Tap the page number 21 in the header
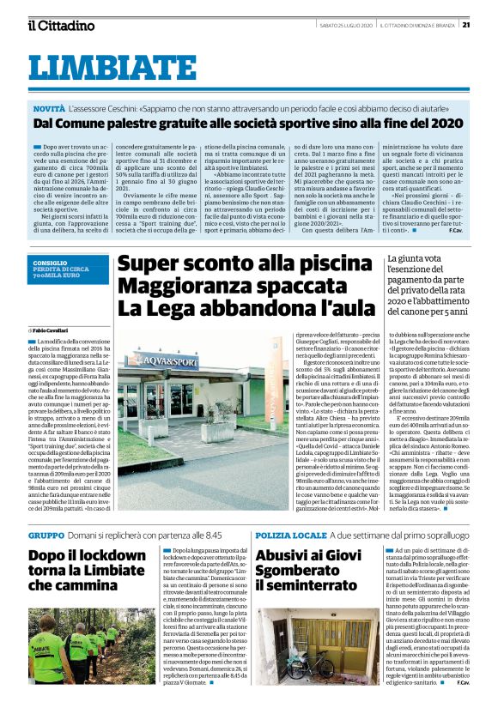coord(488,26)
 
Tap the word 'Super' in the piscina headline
coord(152,264)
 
